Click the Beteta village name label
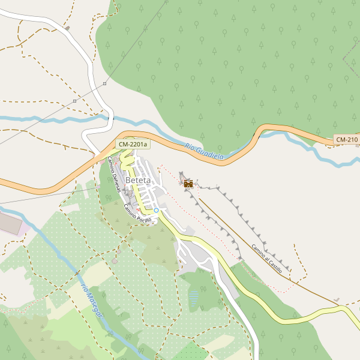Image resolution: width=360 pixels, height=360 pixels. click(x=139, y=180)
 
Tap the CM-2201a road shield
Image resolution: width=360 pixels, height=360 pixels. click(x=133, y=145)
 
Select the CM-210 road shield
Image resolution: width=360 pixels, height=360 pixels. click(x=346, y=140)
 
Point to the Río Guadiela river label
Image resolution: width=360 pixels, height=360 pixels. click(x=204, y=152)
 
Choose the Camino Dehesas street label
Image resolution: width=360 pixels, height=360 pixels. click(x=114, y=175)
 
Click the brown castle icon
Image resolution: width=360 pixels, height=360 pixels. click(x=188, y=184)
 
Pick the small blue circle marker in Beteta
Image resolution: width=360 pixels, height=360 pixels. click(x=156, y=210)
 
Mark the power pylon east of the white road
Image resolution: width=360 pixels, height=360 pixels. click(x=104, y=83)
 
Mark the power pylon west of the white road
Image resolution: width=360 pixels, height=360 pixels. click(x=74, y=101)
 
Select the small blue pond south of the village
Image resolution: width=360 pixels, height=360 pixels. click(x=194, y=296)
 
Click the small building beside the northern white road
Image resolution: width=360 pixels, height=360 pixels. click(x=68, y=28)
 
